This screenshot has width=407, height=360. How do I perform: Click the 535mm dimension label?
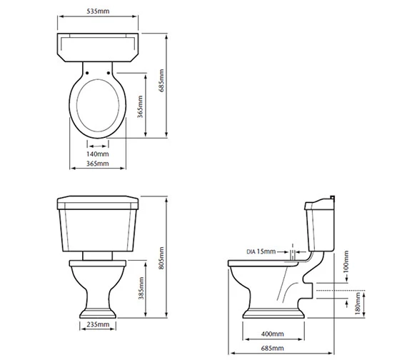98,11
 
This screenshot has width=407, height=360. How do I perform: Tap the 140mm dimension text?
98,154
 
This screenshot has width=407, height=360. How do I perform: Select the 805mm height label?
161,258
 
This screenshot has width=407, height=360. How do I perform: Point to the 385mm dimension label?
141,288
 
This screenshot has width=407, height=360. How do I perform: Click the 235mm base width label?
98,324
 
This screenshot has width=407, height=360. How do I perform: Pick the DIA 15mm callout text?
261,251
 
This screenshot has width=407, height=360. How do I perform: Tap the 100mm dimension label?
346,262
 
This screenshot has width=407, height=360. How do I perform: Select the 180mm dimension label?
358,304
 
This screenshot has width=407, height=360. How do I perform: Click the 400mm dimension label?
272,334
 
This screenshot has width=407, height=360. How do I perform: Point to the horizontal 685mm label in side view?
272,348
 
